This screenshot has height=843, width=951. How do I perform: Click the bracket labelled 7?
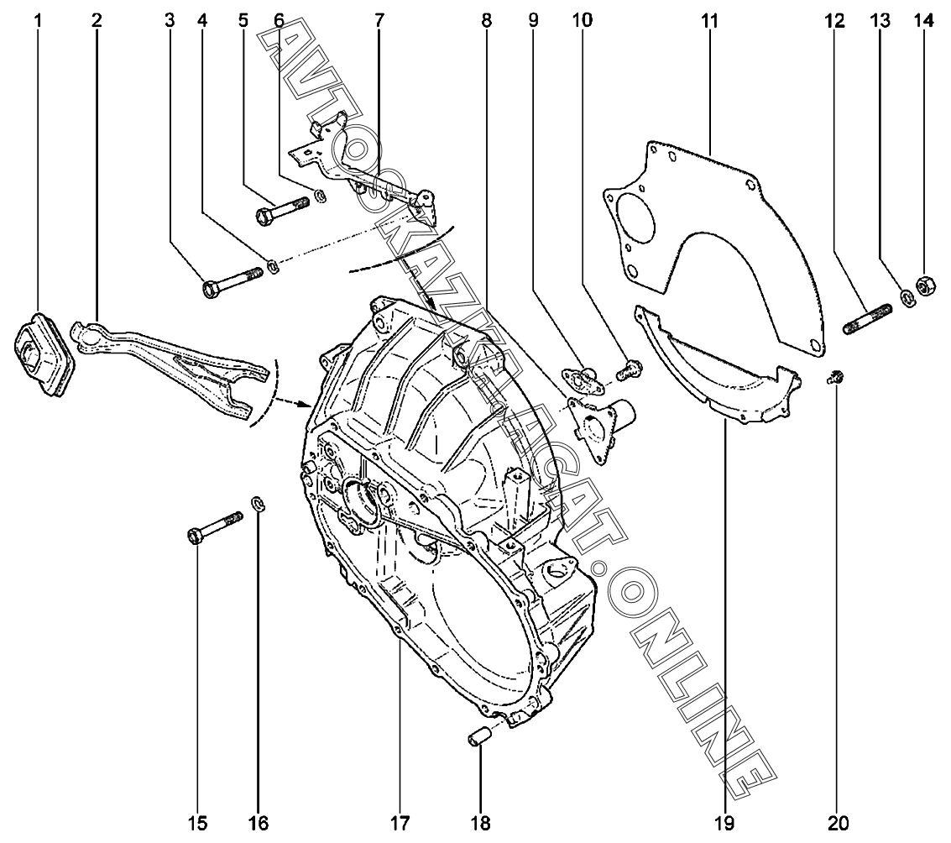[369, 168]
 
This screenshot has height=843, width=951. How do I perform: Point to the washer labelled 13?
[907, 297]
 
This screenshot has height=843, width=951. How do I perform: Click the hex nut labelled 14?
[925, 286]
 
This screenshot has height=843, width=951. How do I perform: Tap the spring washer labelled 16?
[259, 504]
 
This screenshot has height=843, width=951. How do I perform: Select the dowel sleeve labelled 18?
[478, 739]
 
